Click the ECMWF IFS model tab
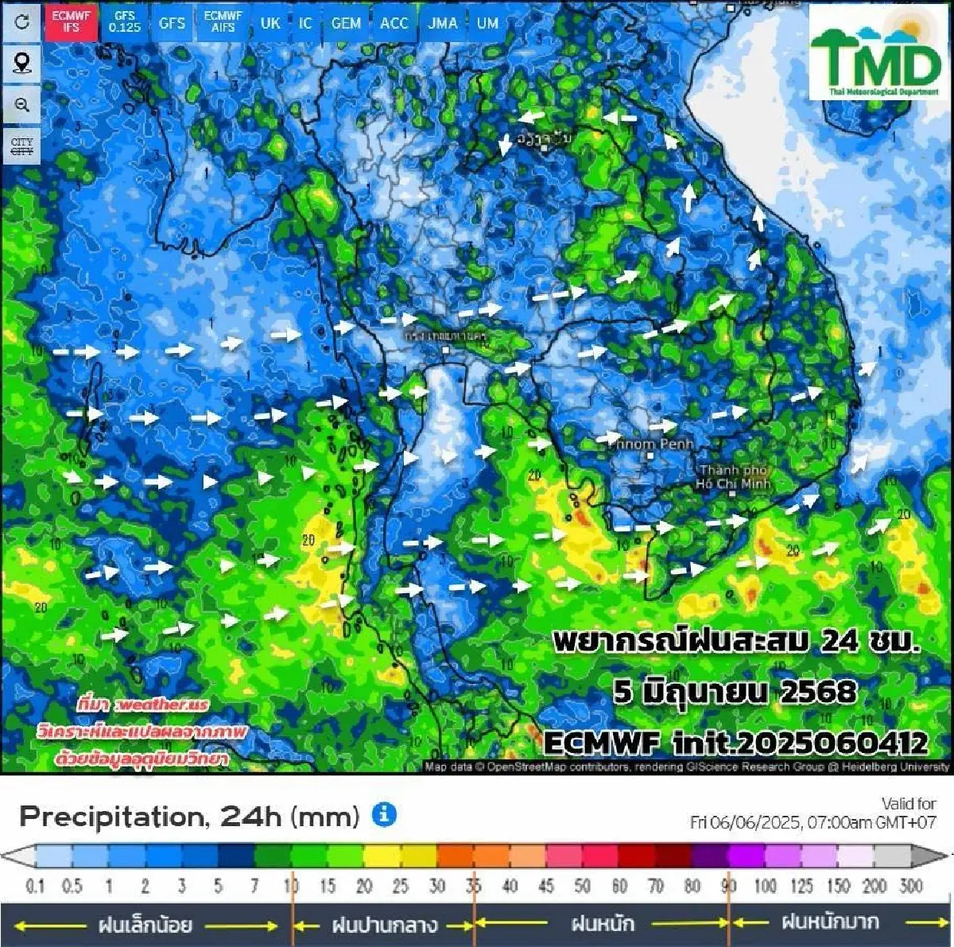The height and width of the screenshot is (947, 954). click(72, 21)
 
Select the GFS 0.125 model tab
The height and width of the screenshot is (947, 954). click(125, 21)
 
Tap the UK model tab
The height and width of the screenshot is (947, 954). click(270, 22)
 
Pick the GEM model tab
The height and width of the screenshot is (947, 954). click(346, 22)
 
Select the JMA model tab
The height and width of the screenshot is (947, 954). click(442, 22)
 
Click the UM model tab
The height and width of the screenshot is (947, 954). click(487, 22)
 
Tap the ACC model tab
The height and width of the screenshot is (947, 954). click(394, 22)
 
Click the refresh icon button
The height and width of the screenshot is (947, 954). click(21, 21)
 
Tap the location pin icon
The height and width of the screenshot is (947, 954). click(21, 63)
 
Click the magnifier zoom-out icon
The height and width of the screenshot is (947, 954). click(21, 105)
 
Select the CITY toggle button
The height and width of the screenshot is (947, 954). click(21, 146)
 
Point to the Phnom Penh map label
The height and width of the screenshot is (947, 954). click(653, 444)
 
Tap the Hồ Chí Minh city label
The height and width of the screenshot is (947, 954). click(733, 476)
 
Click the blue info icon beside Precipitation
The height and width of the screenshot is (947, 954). click(384, 814)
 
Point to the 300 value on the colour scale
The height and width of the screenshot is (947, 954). click(911, 885)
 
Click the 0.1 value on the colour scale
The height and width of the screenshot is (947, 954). click(35, 885)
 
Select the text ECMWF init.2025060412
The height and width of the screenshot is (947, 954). click(735, 743)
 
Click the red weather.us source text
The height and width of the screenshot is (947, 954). click(143, 704)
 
